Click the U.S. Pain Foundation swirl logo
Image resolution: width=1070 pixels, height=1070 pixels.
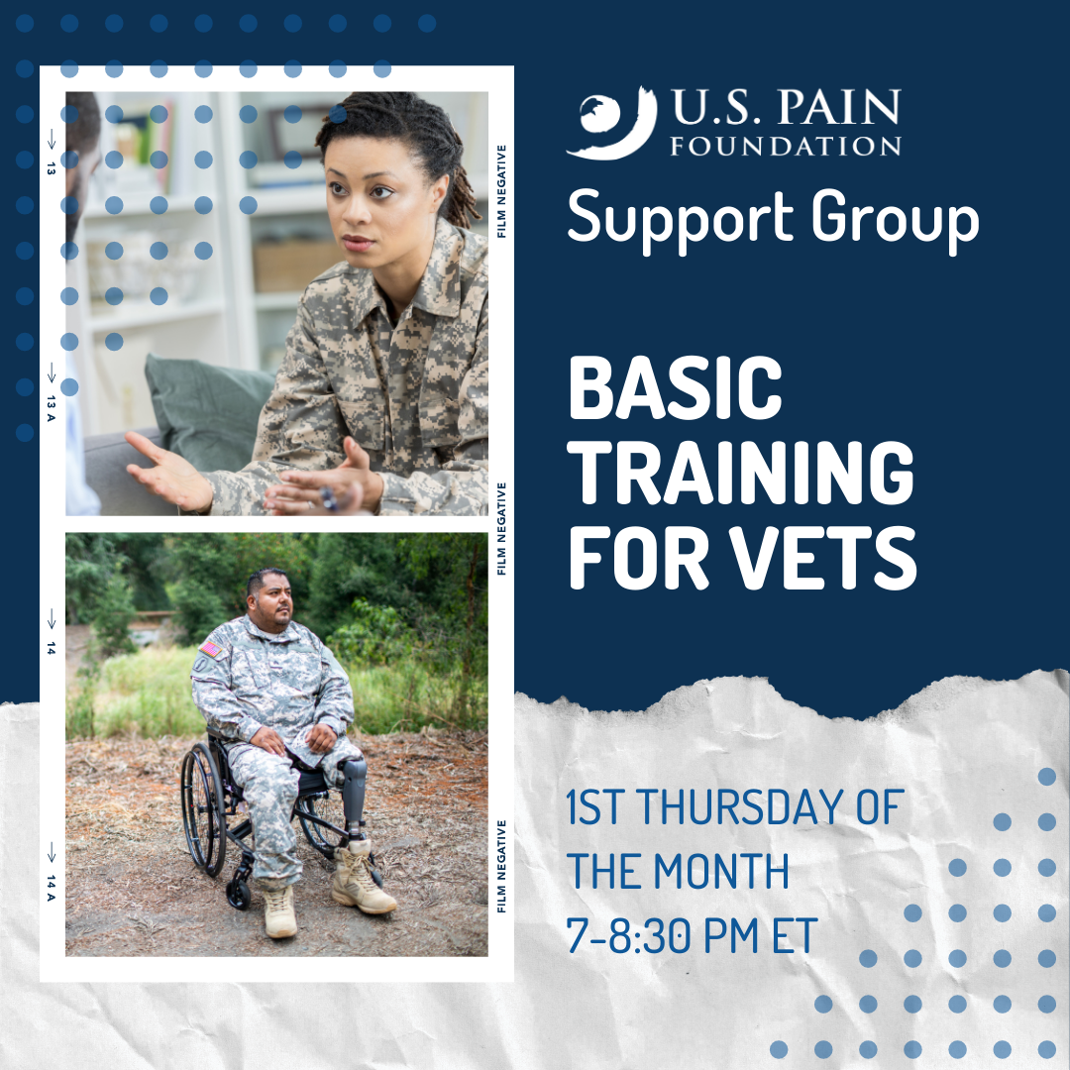click(x=611, y=124)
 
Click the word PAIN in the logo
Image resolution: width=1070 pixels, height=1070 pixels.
click(x=839, y=107)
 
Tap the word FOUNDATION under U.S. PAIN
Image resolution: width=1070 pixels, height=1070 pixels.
click(x=786, y=146)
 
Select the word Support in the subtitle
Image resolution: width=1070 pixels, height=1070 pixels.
click(x=679, y=219)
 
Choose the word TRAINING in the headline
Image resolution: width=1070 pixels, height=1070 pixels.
click(x=741, y=473)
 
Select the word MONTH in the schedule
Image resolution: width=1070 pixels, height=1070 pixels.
click(x=721, y=871)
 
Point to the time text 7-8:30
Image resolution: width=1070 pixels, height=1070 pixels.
click(x=625, y=935)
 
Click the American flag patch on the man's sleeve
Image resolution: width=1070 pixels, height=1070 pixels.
click(x=212, y=649)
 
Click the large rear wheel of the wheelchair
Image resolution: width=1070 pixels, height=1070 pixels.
click(x=203, y=809)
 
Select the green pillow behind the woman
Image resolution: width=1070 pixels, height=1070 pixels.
click(x=208, y=410)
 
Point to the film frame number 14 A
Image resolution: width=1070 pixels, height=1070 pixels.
click(x=52, y=888)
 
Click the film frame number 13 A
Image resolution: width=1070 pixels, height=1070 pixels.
click(x=52, y=408)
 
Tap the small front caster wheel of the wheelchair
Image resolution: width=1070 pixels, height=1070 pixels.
click(x=239, y=894)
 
